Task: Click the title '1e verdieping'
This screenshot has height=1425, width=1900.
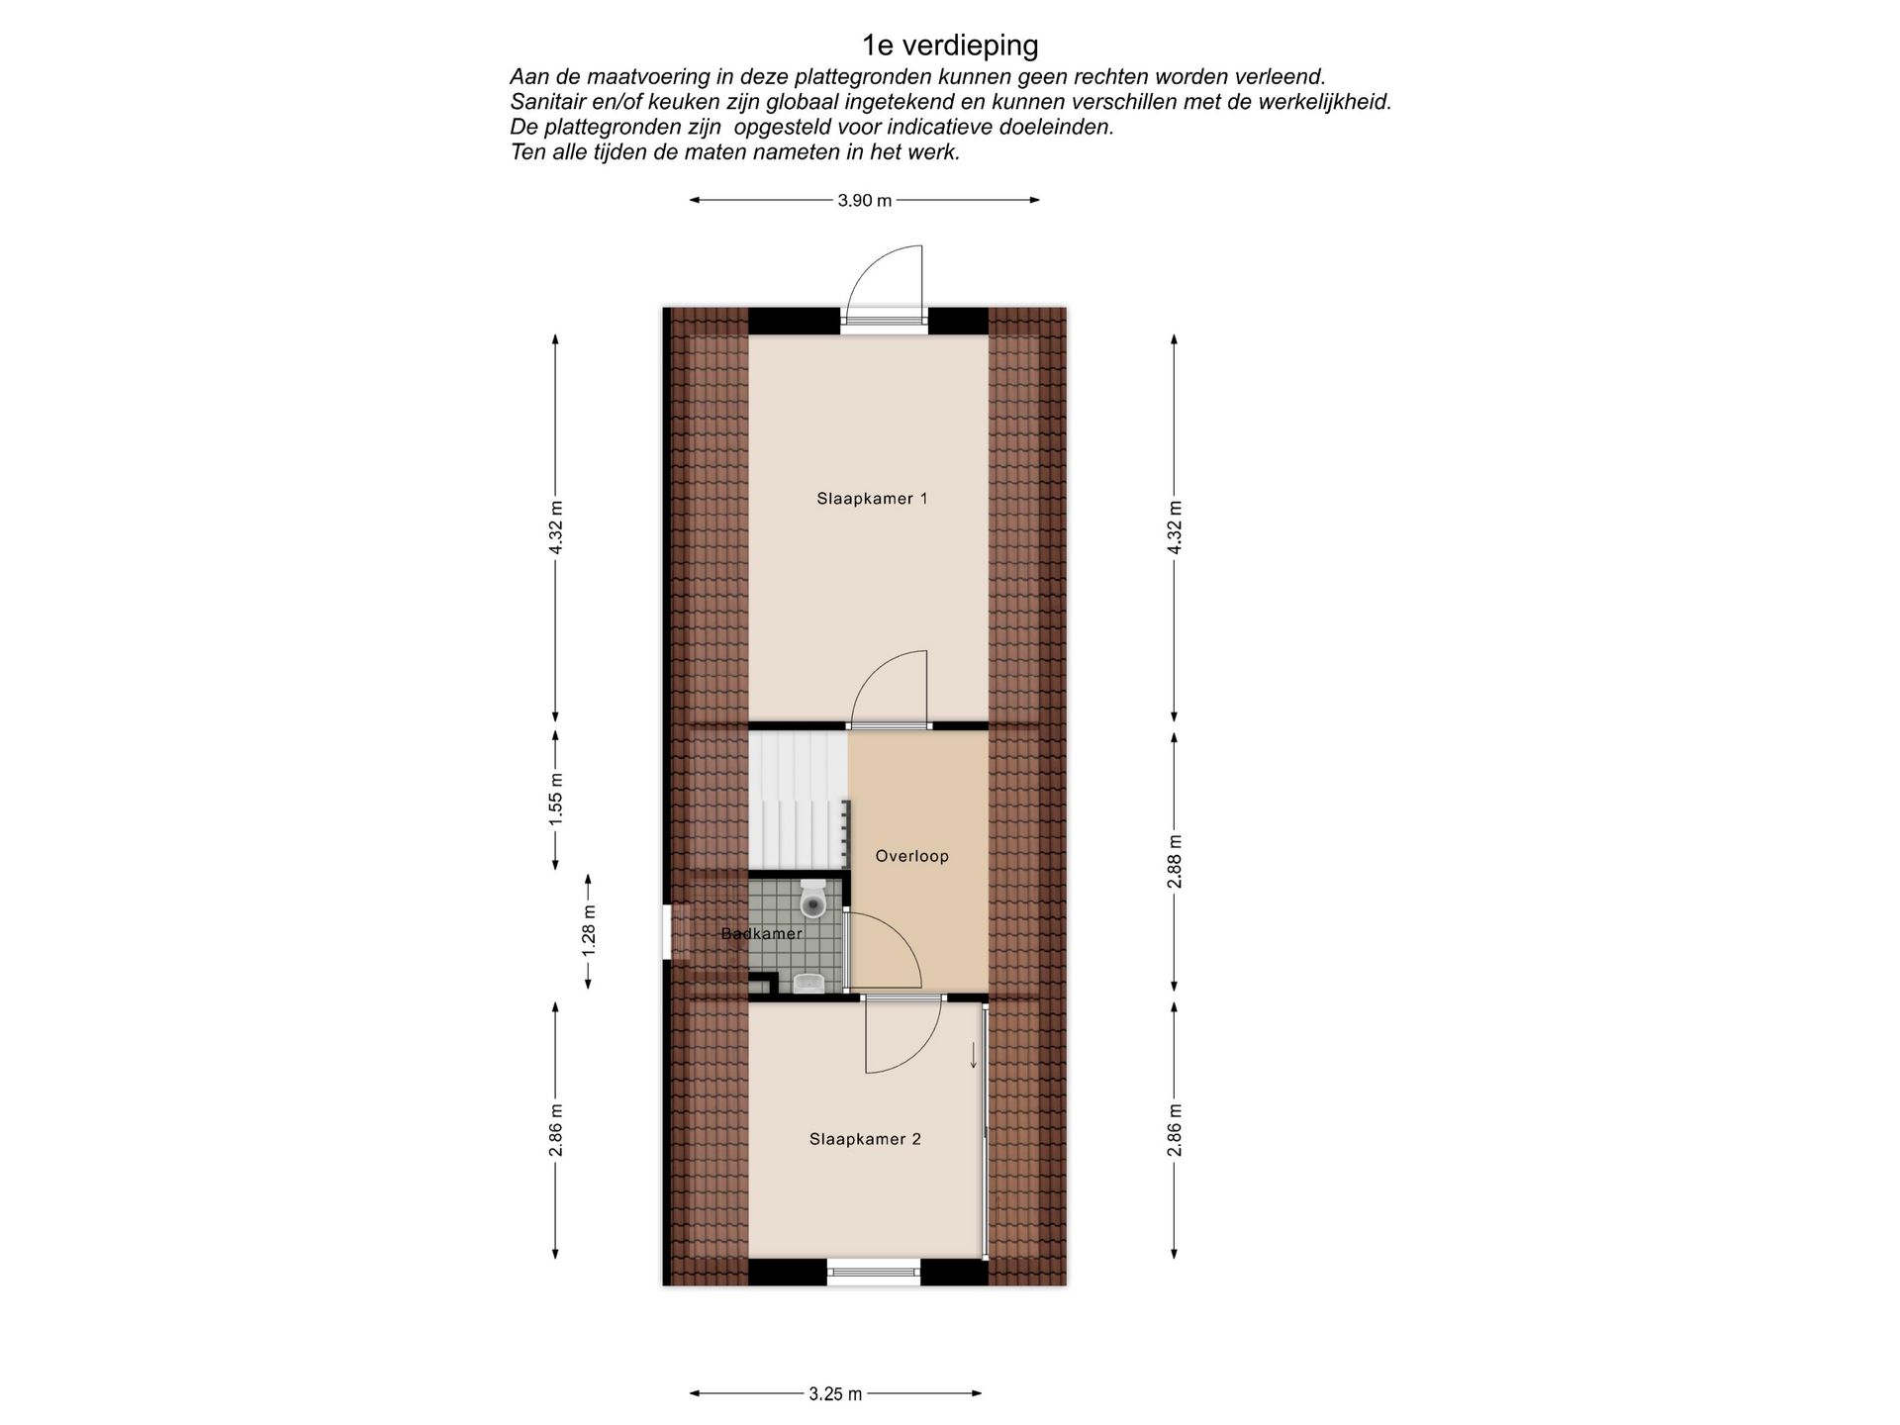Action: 950,46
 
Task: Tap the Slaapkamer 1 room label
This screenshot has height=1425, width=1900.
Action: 872,499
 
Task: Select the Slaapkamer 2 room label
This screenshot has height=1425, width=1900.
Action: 865,1139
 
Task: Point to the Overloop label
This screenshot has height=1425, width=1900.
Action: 911,856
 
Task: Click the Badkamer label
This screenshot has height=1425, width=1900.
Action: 761,933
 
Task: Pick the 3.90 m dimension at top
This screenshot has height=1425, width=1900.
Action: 864,201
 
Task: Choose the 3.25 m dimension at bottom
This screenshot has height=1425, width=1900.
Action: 835,1394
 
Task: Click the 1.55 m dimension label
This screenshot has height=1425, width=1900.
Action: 556,801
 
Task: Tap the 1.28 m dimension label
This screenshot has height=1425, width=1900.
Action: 589,930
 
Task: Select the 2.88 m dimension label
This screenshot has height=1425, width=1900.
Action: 1175,861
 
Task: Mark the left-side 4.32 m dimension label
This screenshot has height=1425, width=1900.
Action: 556,528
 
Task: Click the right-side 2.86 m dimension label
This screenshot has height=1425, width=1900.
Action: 1175,1129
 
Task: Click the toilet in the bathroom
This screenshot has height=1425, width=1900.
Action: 813,899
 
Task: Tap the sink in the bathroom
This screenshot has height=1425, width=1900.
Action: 809,982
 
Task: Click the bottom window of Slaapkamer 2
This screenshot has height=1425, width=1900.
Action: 873,1273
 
